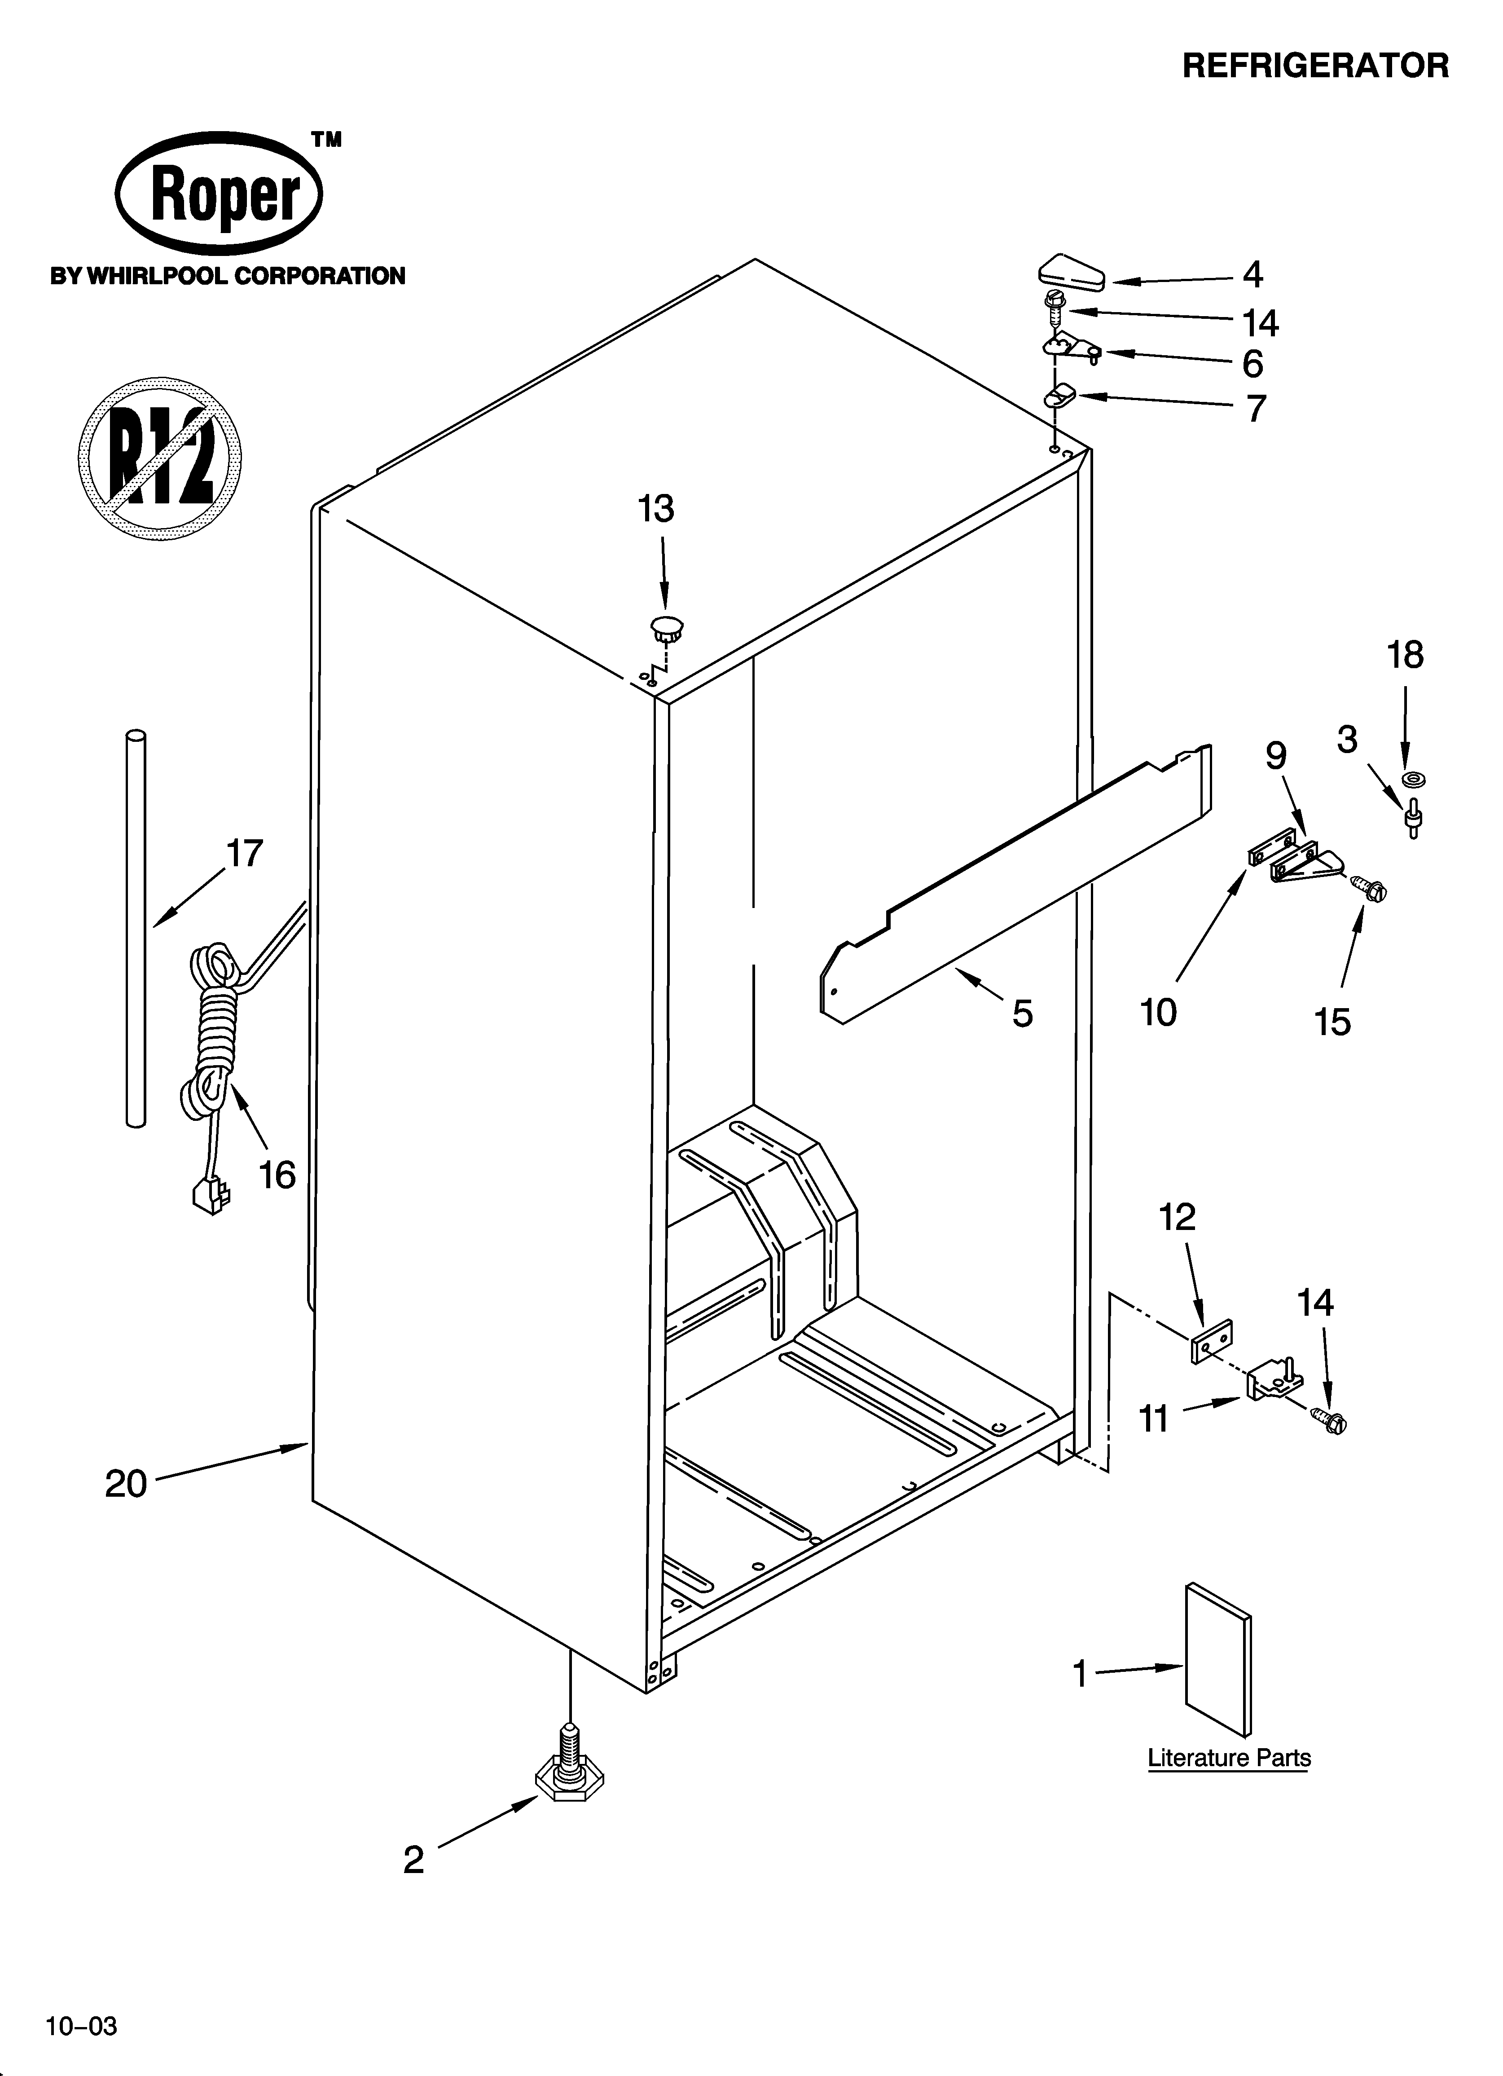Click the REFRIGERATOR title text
click(1315, 66)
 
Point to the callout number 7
click(1256, 408)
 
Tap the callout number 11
click(1153, 1418)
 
